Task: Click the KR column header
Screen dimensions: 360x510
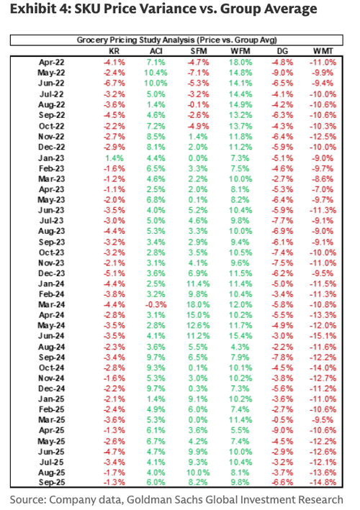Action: coord(114,51)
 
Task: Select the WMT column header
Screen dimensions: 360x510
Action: coord(323,51)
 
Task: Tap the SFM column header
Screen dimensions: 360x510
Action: coord(198,51)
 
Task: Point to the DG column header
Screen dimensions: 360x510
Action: coord(282,51)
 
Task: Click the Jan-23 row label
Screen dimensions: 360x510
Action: coord(51,158)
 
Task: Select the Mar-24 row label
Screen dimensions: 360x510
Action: coord(51,305)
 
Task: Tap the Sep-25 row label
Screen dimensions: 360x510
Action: coord(51,483)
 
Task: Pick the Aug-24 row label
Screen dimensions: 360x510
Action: coord(51,347)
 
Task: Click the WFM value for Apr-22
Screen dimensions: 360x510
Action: coord(240,62)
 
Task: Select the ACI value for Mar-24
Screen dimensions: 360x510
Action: coord(156,305)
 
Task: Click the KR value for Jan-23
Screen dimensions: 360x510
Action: coord(114,158)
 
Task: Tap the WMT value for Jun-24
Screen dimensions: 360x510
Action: coord(323,336)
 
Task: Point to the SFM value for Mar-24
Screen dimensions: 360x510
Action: coord(198,305)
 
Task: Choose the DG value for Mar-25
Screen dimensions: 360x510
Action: coord(282,420)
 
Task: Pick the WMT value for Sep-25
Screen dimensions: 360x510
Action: coord(323,483)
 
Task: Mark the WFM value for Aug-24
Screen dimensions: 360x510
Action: coord(240,347)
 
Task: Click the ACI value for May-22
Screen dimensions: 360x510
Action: coord(156,73)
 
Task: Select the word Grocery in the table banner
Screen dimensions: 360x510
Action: coord(92,40)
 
